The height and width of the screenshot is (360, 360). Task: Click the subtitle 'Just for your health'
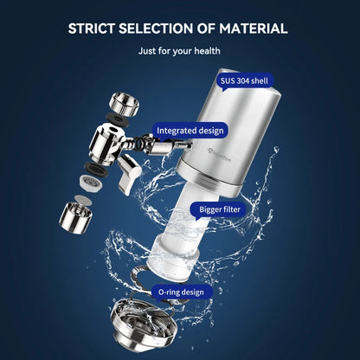pos(179,50)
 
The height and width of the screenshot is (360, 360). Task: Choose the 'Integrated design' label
pos(190,131)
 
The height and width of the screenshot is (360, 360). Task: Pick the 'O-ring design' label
pos(181,292)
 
